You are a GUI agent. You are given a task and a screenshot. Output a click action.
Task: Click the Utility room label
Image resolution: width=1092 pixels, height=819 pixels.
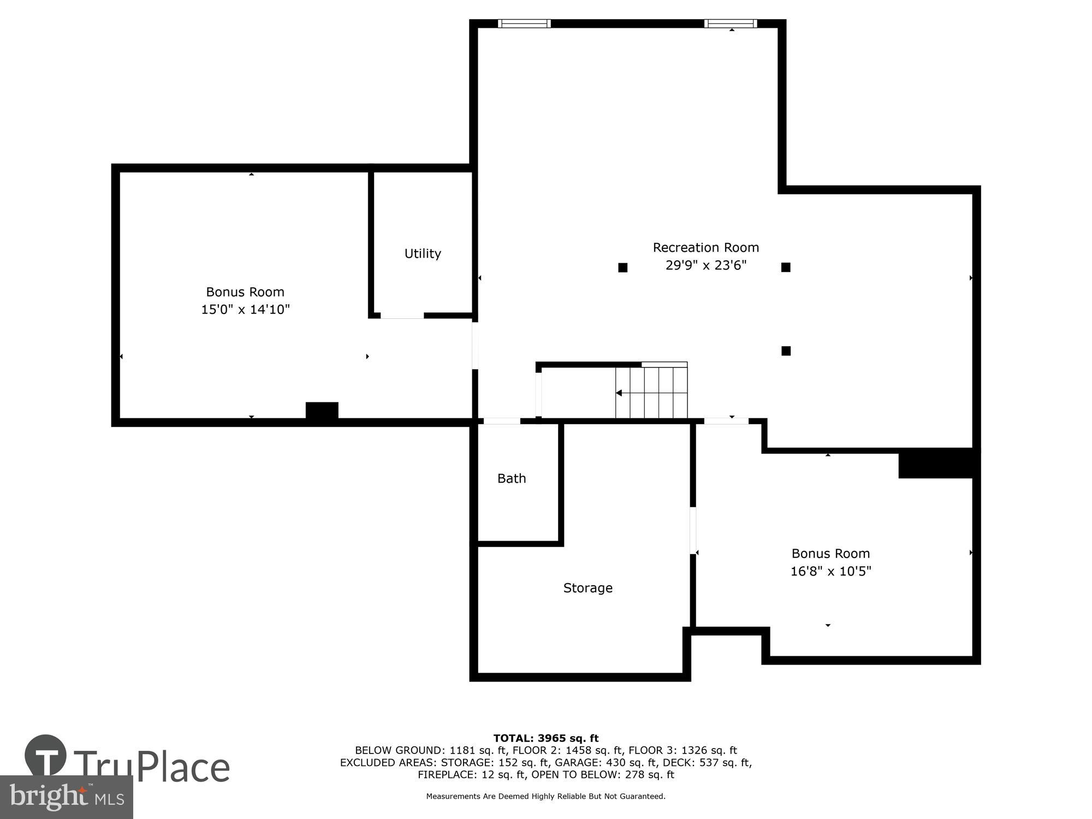423,253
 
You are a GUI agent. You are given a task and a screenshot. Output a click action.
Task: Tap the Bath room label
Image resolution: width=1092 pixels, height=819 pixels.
512,478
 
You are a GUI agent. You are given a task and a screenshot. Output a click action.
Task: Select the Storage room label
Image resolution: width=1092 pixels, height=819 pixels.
587,588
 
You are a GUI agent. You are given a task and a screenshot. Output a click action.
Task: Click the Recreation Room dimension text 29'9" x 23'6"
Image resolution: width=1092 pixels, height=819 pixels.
705,265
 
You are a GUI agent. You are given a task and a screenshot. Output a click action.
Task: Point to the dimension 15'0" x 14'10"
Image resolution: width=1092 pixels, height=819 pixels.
245,310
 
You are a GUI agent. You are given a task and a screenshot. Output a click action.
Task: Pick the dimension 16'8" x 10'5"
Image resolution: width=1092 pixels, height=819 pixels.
830,571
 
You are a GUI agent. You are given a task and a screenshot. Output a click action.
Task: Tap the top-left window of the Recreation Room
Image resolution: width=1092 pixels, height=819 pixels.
524,23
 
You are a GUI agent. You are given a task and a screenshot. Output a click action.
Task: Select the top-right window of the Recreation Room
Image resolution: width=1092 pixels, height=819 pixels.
730,23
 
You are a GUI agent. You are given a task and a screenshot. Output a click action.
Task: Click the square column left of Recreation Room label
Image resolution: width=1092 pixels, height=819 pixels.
622,268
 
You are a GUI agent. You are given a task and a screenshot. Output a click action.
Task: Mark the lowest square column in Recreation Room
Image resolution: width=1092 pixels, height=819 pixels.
786,351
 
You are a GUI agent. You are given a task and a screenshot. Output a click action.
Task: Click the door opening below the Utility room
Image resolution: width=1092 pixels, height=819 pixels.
402,316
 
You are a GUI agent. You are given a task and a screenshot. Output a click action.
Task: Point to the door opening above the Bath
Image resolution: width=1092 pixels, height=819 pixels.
502,421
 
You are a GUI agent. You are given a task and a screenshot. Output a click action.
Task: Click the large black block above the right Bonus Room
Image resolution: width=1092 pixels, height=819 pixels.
936,463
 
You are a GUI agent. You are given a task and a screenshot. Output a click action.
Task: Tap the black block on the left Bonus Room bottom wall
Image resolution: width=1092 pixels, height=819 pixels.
322,411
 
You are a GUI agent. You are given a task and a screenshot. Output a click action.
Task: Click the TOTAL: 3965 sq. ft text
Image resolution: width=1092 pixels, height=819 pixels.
545,738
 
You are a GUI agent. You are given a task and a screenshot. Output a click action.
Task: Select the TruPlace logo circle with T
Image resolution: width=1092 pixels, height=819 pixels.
46,756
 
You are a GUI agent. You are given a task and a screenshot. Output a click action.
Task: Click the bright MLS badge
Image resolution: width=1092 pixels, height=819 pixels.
66,797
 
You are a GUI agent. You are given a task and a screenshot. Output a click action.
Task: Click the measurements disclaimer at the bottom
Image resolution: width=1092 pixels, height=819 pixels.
545,797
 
